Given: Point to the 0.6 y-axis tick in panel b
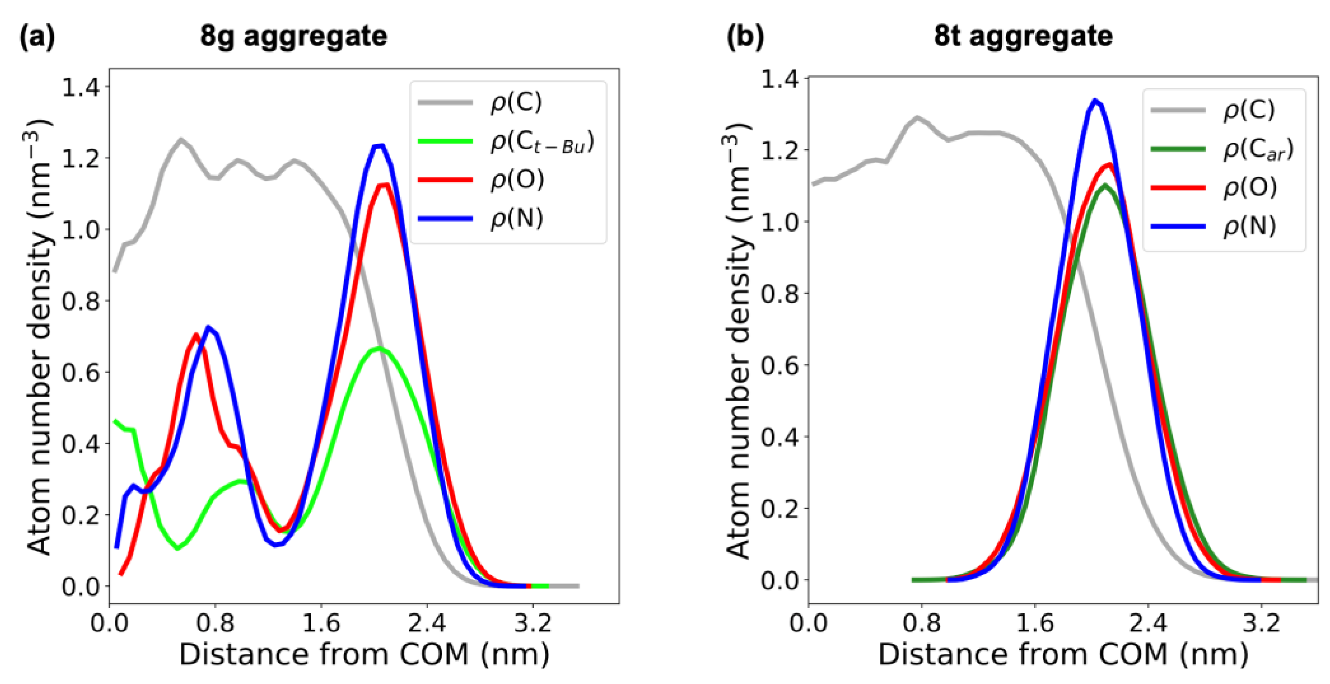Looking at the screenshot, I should coord(780,365).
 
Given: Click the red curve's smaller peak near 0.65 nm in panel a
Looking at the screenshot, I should coord(196,335).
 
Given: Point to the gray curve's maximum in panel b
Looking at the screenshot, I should coord(917,118).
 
